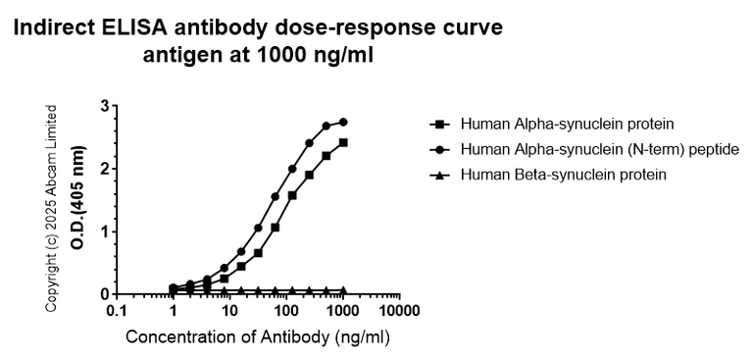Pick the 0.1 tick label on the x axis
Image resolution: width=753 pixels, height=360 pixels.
point(117,312)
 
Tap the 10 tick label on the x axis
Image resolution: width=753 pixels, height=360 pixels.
point(229,312)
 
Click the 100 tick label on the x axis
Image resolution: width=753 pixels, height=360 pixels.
point(286,312)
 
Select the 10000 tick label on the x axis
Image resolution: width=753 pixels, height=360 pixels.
point(399,312)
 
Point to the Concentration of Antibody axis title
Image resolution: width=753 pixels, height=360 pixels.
point(259,338)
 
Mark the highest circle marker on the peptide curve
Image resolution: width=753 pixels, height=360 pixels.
point(343,122)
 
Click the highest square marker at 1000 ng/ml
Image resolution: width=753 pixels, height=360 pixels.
point(343,142)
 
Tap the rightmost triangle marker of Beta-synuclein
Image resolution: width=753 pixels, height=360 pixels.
point(343,290)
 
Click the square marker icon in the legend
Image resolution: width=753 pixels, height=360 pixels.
point(439,124)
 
